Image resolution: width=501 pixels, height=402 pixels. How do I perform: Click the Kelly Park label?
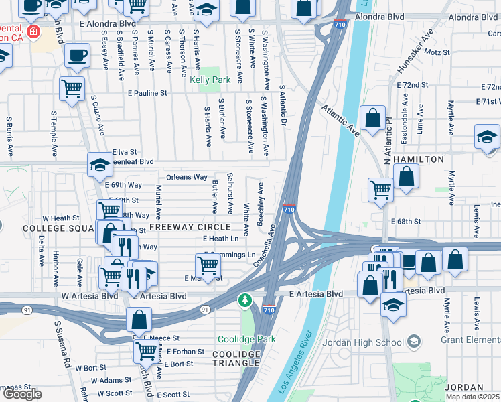click(x=210, y=80)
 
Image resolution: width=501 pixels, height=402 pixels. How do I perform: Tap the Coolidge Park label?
click(x=246, y=339)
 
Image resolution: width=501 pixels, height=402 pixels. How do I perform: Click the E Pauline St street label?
click(x=147, y=93)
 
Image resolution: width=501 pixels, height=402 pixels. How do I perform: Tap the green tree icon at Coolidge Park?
click(x=246, y=299)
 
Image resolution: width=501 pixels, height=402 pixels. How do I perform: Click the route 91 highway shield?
click(x=205, y=310)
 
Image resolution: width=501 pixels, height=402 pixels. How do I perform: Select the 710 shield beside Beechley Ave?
click(x=289, y=210)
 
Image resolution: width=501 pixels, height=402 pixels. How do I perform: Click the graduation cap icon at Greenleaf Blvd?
click(x=99, y=163)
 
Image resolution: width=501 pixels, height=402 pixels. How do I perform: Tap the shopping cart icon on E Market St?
click(x=208, y=265)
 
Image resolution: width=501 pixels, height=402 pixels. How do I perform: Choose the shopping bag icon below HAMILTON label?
click(x=406, y=177)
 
